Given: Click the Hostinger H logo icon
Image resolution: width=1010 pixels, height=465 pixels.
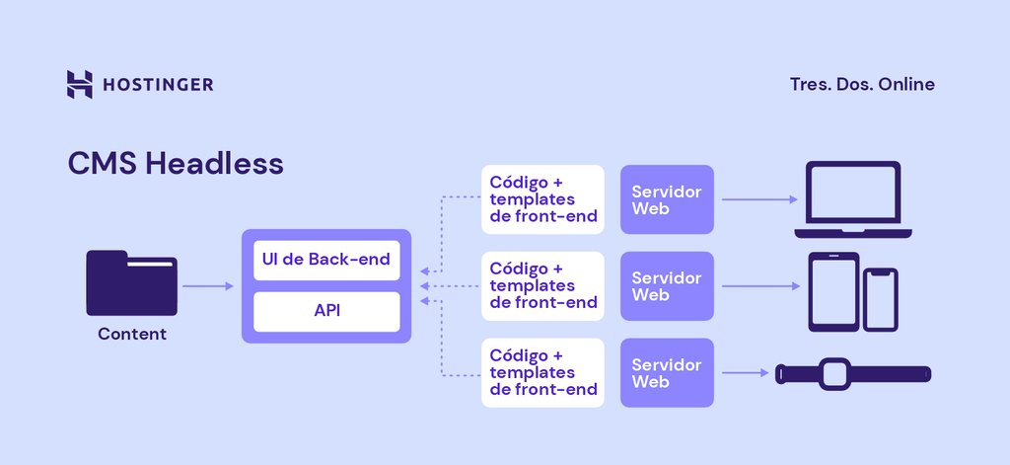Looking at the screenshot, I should click(x=79, y=85).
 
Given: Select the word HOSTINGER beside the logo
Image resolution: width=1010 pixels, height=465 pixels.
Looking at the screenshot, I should click(x=158, y=85).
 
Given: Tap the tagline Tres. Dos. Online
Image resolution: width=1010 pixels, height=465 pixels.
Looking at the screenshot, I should click(x=862, y=85).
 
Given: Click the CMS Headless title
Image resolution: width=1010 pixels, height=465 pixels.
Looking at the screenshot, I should click(x=176, y=163).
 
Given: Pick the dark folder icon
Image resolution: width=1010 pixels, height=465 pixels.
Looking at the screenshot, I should click(x=131, y=282).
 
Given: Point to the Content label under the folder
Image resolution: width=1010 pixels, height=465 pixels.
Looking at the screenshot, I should click(x=132, y=334).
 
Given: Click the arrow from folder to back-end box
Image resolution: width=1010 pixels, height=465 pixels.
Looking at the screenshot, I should click(x=208, y=286).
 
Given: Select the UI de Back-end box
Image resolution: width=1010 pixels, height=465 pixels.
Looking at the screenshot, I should click(x=326, y=260).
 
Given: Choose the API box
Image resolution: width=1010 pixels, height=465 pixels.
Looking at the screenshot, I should click(x=326, y=311).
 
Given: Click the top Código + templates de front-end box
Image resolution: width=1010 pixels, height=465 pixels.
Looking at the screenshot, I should click(x=541, y=199).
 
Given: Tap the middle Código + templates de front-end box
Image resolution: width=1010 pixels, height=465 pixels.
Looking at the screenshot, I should click(x=541, y=286).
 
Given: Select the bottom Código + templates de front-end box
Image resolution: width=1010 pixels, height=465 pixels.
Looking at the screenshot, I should click(x=541, y=372).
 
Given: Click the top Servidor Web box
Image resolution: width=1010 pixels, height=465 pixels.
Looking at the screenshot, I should click(x=667, y=199).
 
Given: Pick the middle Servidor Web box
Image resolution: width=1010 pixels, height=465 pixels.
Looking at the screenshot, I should click(x=667, y=286).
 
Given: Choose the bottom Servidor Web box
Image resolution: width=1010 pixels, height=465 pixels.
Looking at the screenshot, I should click(x=667, y=372).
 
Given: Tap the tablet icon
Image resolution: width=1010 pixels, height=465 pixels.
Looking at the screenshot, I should click(x=833, y=291).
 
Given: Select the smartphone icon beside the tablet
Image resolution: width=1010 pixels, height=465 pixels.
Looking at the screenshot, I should click(x=881, y=299).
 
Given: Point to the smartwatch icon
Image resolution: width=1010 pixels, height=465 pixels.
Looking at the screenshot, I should click(x=853, y=374).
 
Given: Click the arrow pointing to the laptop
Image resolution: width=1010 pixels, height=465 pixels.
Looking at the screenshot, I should click(x=758, y=199).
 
